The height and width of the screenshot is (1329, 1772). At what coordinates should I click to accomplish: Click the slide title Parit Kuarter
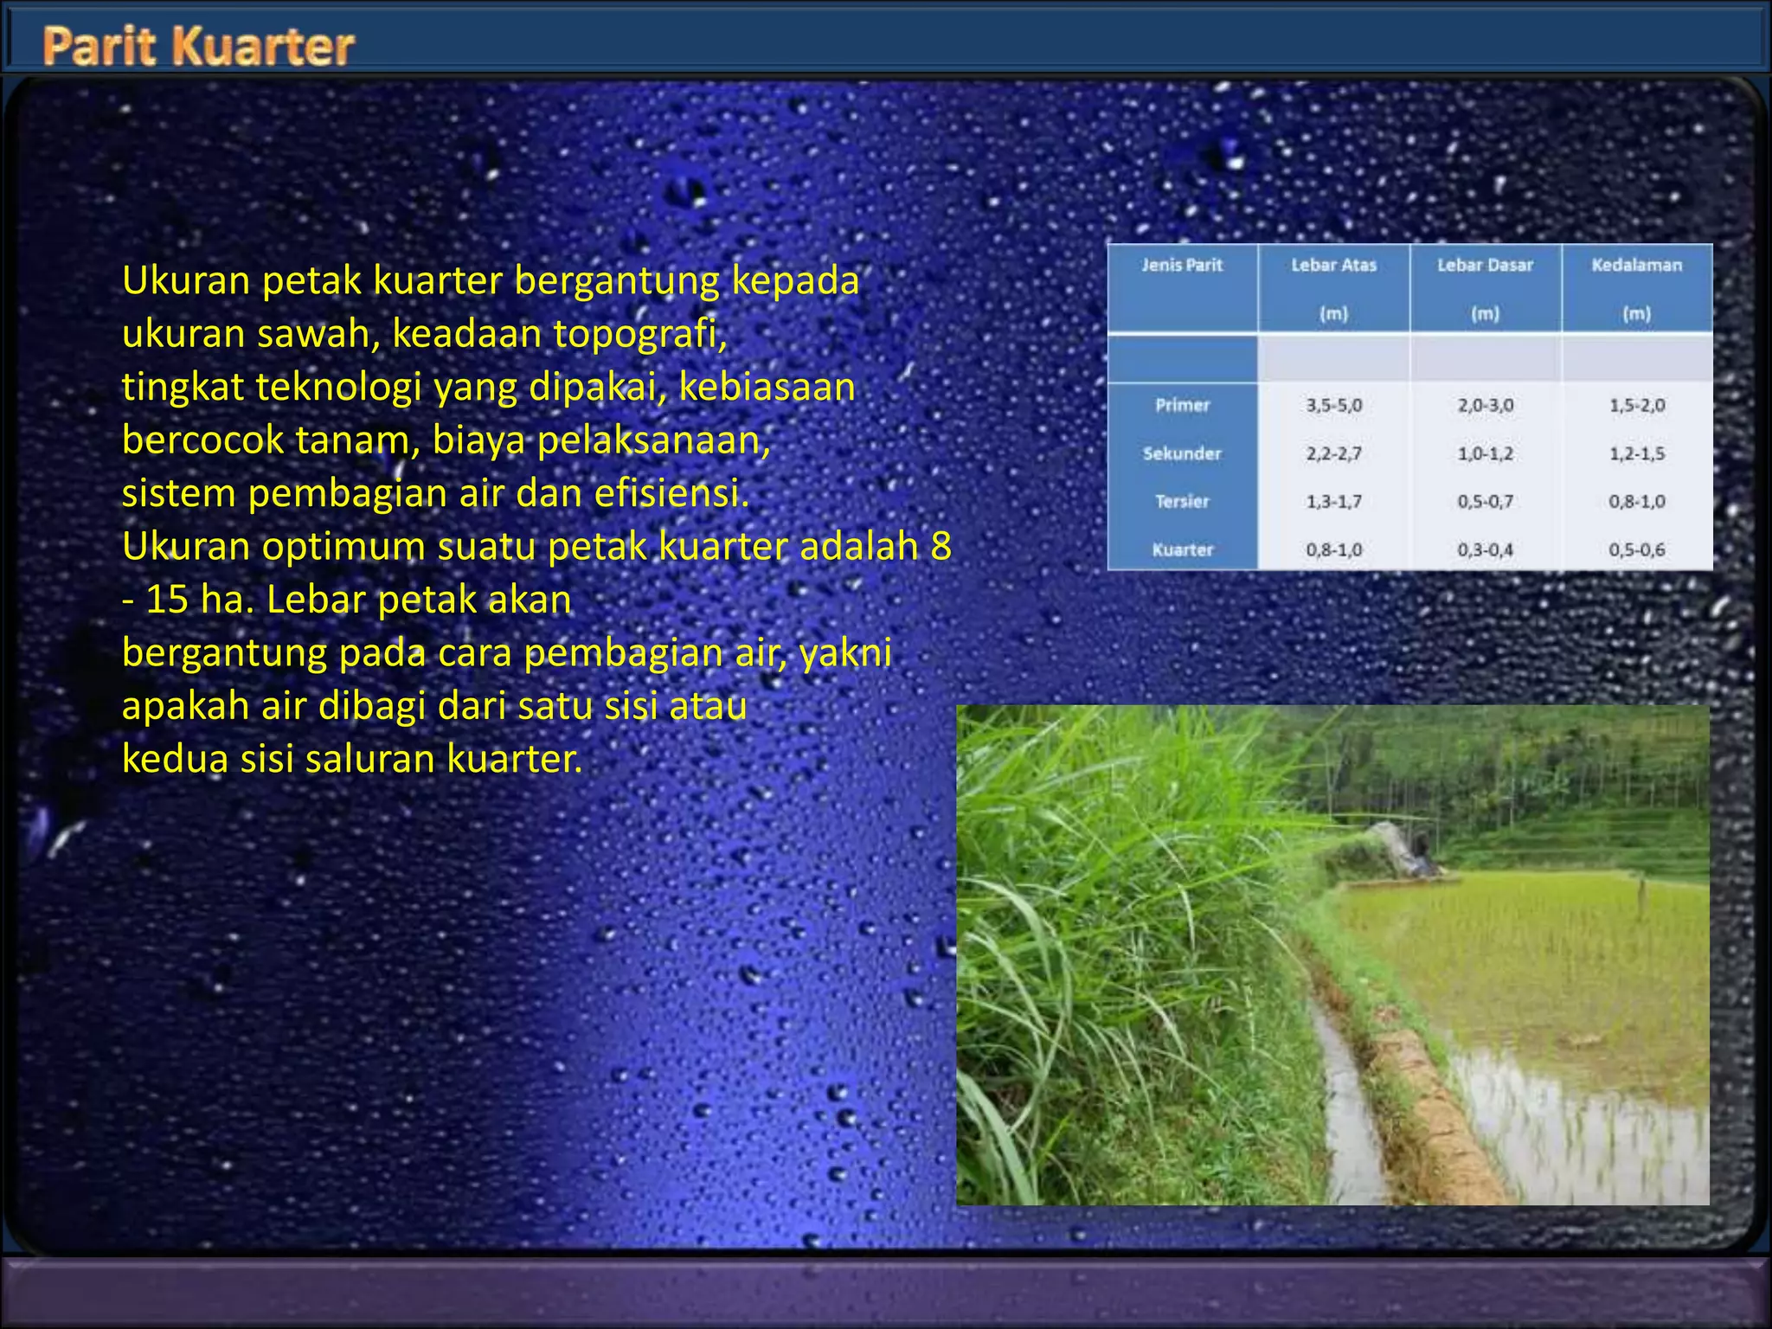point(198,46)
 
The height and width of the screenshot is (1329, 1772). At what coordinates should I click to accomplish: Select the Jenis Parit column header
point(1182,265)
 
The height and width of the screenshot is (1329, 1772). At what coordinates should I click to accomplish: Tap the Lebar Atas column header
point(1333,265)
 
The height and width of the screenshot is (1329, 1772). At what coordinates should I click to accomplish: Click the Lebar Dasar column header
point(1485,265)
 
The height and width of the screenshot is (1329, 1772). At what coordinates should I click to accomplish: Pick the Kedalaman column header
point(1636,265)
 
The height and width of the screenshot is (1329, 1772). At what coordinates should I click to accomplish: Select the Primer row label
point(1182,405)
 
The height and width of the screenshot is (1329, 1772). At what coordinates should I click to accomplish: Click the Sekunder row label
point(1182,453)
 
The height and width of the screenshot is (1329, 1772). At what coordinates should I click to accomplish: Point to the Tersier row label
point(1182,501)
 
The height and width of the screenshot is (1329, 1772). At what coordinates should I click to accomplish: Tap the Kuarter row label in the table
point(1182,549)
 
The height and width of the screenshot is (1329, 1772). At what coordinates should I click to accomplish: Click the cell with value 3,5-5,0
point(1333,405)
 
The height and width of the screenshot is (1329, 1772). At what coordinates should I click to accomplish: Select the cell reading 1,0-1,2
point(1485,453)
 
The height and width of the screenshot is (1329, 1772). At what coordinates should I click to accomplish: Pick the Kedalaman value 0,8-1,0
point(1636,501)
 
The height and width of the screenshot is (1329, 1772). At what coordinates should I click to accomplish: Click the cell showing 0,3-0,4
point(1485,549)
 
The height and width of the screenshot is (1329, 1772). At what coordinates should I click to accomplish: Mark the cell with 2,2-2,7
point(1333,453)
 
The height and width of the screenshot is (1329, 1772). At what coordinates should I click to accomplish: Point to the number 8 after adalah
point(941,546)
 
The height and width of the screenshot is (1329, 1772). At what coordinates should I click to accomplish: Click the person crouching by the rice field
point(1419,852)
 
